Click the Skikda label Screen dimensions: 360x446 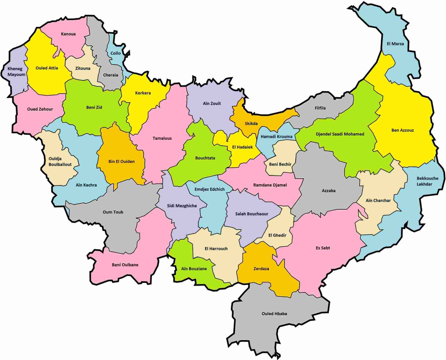point(251,123)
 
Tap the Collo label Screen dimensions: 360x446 point(115,53)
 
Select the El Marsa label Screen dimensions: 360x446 point(395,44)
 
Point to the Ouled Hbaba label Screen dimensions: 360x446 point(274,313)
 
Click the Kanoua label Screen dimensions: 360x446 point(68,34)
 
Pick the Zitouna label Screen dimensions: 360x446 point(83,68)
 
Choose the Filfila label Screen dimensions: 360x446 point(320,108)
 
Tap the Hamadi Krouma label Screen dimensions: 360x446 point(277,137)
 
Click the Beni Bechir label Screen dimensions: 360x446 point(280,164)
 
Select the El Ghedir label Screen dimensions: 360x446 point(277,235)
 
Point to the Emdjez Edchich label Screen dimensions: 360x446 point(209,189)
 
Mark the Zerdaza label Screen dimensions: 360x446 point(261,269)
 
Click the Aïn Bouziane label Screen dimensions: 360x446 point(194,269)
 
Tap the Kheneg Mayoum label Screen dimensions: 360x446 point(16,72)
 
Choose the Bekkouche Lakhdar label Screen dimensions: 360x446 point(427,181)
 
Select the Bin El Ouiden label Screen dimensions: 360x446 point(122,161)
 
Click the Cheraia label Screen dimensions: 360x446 point(110,75)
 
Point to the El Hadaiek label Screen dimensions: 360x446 point(243,147)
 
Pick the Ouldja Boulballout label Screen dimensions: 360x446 point(60,162)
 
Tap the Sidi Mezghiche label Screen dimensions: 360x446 point(182,206)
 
